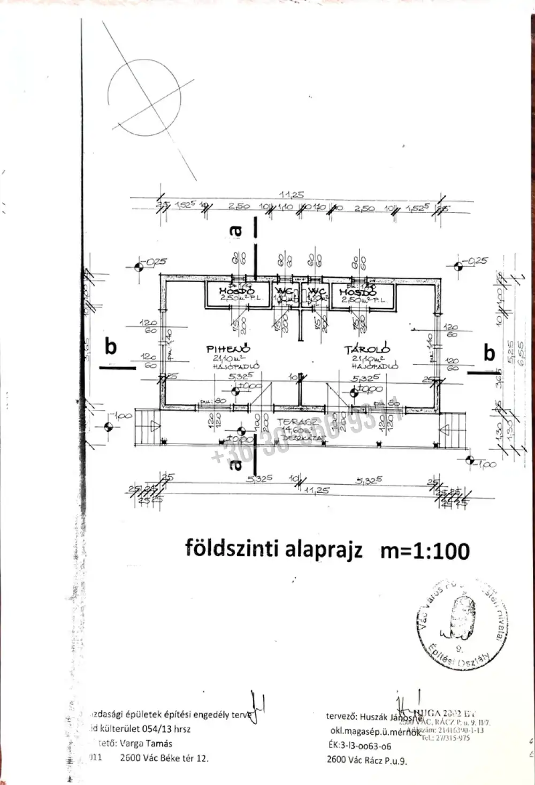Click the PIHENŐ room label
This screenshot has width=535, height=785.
pyautogui.click(x=228, y=349)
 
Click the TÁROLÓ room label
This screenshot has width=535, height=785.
pyautogui.click(x=367, y=349)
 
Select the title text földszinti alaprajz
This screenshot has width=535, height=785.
pyautogui.click(x=274, y=549)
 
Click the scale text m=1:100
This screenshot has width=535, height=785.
pyautogui.click(x=425, y=550)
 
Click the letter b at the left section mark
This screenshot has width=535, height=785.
pyautogui.click(x=111, y=346)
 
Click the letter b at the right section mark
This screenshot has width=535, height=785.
pyautogui.click(x=489, y=353)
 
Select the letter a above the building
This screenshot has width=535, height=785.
pyautogui.click(x=235, y=231)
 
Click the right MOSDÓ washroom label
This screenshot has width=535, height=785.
pyautogui.click(x=358, y=293)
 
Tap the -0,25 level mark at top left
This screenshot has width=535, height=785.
pyautogui.click(x=156, y=262)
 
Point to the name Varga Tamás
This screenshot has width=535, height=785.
pyautogui.click(x=146, y=743)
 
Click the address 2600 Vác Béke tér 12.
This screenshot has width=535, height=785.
pyautogui.click(x=164, y=758)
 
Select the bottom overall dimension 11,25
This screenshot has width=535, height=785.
pyautogui.click(x=317, y=490)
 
